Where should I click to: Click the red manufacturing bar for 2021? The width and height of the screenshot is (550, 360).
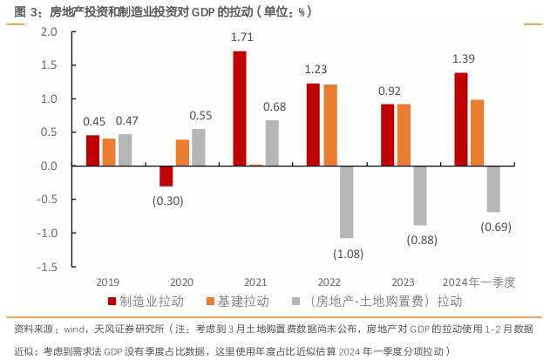[240, 108]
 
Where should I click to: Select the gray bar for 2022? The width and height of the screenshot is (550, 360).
[346, 201]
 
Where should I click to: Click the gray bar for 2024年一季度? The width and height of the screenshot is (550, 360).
[493, 188]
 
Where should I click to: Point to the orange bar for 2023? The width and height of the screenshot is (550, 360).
[404, 135]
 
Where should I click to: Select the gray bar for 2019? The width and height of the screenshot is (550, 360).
[126, 150]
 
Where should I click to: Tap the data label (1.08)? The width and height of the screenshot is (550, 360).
[348, 254]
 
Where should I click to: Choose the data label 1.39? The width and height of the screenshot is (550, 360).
[464, 58]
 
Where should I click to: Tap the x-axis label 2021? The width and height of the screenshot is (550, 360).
[255, 282]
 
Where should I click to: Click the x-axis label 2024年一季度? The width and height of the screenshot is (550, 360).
[479, 282]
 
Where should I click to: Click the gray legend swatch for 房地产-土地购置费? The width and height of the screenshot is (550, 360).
[295, 302]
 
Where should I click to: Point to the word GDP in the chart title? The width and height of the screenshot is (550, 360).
[201, 13]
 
